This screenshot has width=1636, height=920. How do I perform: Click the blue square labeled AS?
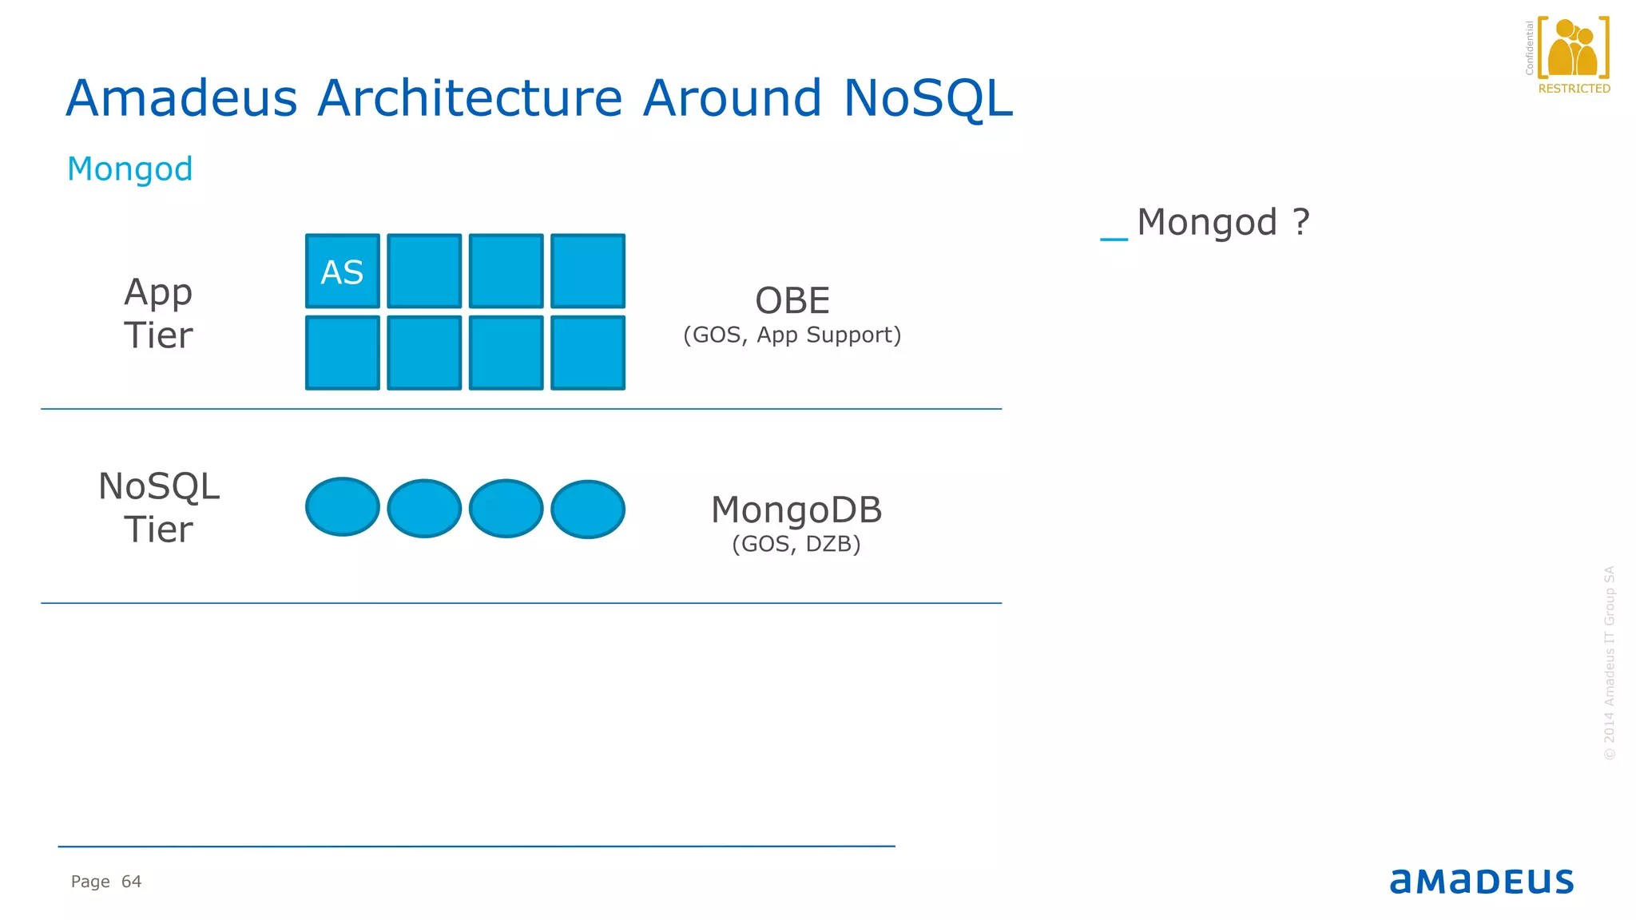pyautogui.click(x=342, y=272)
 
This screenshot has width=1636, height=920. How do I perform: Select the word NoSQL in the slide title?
pyautogui.click(x=927, y=99)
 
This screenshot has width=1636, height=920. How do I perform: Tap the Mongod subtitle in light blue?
pyautogui.click(x=129, y=169)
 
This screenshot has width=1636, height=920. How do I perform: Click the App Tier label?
pyautogui.click(x=158, y=313)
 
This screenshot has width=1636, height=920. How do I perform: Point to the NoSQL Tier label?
pyautogui.click(x=158, y=508)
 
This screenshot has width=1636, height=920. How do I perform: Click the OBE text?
pyautogui.click(x=792, y=301)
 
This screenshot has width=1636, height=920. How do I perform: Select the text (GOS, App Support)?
pyautogui.click(x=792, y=335)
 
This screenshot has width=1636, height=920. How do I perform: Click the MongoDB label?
pyautogui.click(x=796, y=510)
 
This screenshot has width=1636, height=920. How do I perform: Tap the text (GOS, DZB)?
pyautogui.click(x=796, y=545)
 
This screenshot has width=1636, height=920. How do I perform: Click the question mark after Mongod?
pyautogui.click(x=1301, y=222)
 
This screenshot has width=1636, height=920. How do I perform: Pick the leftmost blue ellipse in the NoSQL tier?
pyautogui.click(x=342, y=507)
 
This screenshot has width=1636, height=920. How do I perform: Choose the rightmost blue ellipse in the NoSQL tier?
pyautogui.click(x=588, y=509)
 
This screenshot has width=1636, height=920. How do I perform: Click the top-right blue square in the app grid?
pyautogui.click(x=588, y=272)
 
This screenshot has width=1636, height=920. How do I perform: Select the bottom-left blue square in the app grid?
pyautogui.click(x=342, y=353)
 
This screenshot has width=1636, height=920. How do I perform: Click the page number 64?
pyautogui.click(x=131, y=882)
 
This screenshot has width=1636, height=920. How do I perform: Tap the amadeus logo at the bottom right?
pyautogui.click(x=1481, y=882)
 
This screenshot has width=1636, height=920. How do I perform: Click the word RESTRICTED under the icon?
pyautogui.click(x=1574, y=89)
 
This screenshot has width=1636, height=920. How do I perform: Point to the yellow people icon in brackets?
pyautogui.click(x=1573, y=48)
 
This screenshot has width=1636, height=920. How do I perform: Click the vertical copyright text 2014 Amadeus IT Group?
pyautogui.click(x=1609, y=663)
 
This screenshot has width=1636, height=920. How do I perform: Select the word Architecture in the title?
pyautogui.click(x=469, y=99)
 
